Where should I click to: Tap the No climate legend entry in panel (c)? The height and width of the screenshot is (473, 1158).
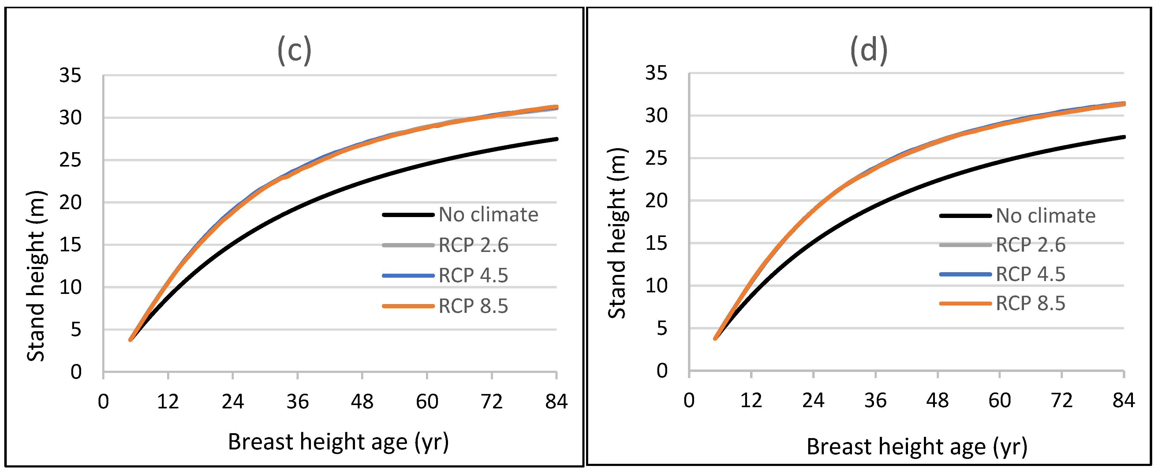click(x=488, y=215)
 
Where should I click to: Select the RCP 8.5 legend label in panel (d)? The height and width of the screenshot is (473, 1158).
click(x=1030, y=303)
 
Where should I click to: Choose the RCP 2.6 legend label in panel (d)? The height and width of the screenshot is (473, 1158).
click(x=1030, y=245)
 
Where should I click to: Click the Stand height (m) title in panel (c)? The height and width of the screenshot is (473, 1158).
click(x=36, y=275)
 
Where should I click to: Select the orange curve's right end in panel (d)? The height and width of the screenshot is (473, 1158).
click(x=1123, y=104)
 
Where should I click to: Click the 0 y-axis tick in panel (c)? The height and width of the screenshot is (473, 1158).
click(x=76, y=372)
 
